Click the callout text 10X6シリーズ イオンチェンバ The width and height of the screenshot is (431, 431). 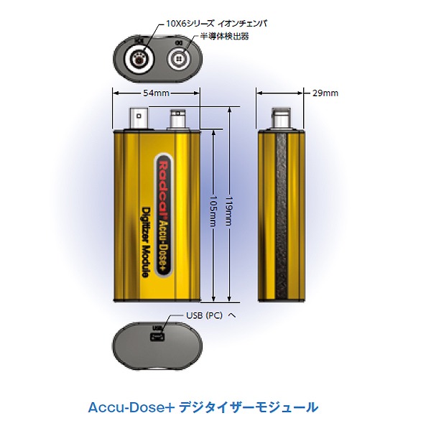click(215, 23)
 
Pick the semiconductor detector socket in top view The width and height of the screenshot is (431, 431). click(177, 59)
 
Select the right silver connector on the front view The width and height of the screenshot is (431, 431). click(175, 120)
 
